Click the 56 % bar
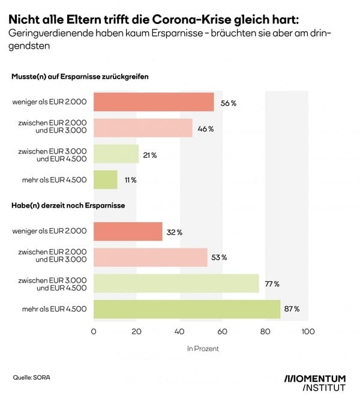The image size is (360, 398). click(x=154, y=102)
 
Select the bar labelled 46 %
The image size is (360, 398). click(x=143, y=128)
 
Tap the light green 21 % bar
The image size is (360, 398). click(x=116, y=154)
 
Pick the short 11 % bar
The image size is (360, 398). click(x=106, y=179)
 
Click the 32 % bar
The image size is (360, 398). click(x=128, y=232)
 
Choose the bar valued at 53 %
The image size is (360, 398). click(x=150, y=258)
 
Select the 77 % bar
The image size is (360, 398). click(x=176, y=283)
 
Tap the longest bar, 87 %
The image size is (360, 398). click(x=187, y=309)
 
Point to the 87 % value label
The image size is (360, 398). click(x=292, y=309)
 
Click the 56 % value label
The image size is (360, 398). click(x=229, y=103)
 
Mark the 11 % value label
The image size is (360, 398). click(x=130, y=180)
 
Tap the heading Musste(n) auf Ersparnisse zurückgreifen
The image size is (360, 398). click(x=80, y=77)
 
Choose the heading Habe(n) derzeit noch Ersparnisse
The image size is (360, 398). click(x=68, y=206)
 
